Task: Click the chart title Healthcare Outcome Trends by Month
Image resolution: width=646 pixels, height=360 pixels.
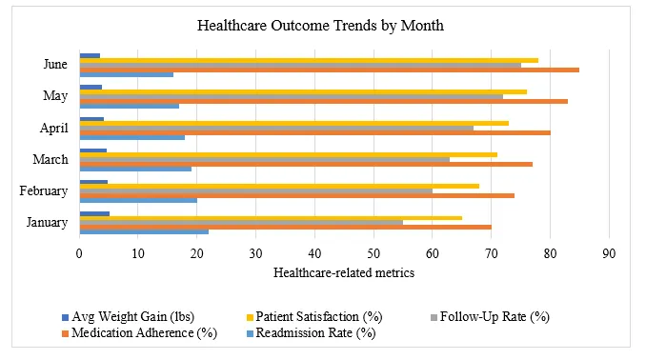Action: [323, 26]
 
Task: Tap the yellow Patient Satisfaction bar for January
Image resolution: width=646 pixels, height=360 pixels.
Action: [270, 218]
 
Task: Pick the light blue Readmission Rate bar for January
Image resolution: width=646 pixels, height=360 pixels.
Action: [144, 231]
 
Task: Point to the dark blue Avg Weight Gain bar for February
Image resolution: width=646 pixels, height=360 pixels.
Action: [93, 181]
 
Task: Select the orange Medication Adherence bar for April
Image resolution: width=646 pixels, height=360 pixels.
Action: [314, 132]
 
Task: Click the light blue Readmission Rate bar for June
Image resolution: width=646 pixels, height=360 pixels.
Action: [126, 74]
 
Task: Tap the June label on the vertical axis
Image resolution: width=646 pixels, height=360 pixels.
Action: [54, 65]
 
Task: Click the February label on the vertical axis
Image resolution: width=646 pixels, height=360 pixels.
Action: [44, 190]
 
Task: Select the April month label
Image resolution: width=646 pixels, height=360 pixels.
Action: [52, 128]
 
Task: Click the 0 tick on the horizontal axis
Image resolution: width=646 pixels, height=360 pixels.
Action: [80, 254]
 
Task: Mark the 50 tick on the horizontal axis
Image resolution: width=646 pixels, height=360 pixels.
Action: [374, 254]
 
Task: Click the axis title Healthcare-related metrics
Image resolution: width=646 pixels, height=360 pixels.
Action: [344, 273]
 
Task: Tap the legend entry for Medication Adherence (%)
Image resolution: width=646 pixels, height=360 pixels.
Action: [145, 333]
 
